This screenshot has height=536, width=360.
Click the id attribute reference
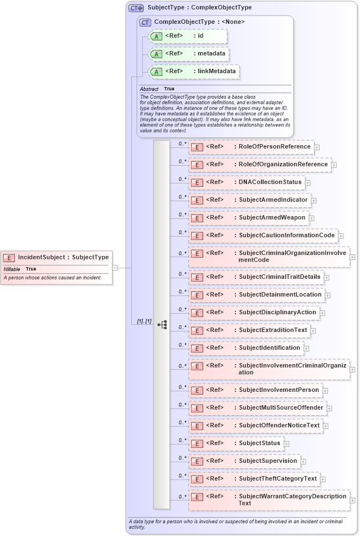coord(188,36)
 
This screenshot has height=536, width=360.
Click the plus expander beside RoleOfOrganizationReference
coord(334,165)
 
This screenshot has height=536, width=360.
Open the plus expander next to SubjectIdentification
coord(306,349)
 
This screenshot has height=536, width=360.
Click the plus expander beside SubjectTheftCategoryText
coord(323,479)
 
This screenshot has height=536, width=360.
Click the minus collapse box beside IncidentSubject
coord(115,267)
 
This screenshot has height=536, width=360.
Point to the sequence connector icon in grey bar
coord(162,324)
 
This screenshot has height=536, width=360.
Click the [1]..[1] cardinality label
coord(144,321)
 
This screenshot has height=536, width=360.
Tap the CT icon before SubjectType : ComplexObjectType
coord(136,8)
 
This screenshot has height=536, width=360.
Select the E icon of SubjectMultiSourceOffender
coord(196,408)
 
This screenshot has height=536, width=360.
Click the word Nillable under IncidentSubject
coord(12,269)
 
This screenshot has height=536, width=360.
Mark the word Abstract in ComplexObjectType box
coord(149,89)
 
